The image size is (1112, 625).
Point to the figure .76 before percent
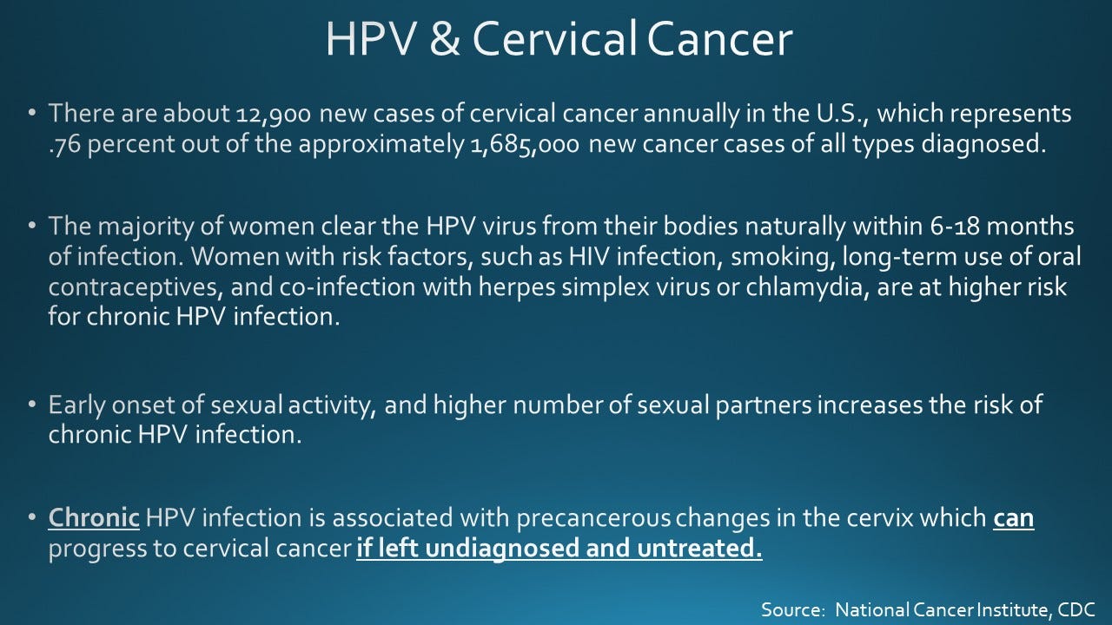tap(65, 143)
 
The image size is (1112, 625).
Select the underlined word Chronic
tap(94, 519)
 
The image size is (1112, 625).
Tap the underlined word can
tap(1013, 519)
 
